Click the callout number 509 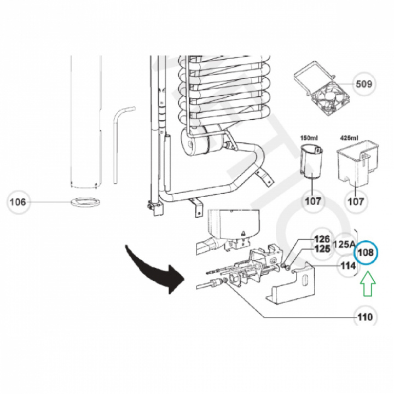point(364,84)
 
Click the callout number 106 point(18,202)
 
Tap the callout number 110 point(364,317)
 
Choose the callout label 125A point(345,244)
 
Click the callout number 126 point(321,239)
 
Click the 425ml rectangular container point(356,164)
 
